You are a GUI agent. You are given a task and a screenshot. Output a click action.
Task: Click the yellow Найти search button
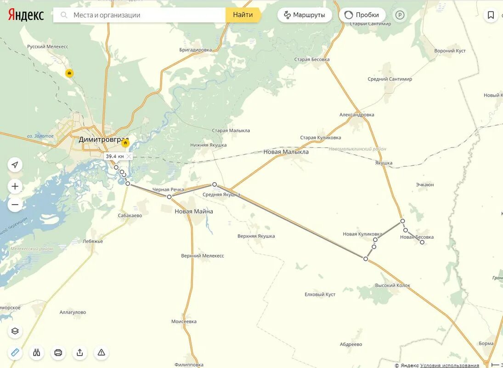pos(243,15)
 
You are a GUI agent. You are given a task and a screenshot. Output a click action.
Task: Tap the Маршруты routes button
pos(305,15)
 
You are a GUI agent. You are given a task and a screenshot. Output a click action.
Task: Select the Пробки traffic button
pos(362,15)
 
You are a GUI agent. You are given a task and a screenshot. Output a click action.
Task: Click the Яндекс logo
pos(26,15)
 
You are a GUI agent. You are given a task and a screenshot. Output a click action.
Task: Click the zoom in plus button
pos(15,186)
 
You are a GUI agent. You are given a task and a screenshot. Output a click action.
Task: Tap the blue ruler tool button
pos(15,352)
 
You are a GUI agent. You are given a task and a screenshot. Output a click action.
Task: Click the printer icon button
pos(58,352)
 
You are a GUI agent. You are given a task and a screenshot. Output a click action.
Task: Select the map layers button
pos(15,331)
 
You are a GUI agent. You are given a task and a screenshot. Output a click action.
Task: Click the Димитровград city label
pos(103,139)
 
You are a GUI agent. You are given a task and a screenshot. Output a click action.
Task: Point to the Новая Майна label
pos(194,212)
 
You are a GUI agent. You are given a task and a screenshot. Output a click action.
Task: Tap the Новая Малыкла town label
pos(286,152)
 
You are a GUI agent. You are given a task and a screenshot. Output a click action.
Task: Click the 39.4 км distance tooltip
pos(115,156)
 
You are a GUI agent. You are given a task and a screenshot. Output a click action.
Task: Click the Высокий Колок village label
pos(393,286)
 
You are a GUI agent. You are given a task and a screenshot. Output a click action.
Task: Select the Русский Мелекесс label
pos(48,47)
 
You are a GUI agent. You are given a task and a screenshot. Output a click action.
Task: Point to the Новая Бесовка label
pos(417,237)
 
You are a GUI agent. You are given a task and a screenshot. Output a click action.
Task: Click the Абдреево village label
pos(351,344)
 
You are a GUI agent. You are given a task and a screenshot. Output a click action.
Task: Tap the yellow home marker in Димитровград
pos(125,143)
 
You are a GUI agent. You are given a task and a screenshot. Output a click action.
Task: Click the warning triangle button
pos(102,352)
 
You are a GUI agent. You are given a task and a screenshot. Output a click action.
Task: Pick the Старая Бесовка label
pos(312,60)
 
